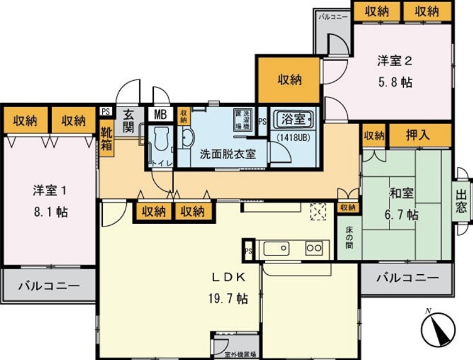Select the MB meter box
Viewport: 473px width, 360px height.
(160, 115)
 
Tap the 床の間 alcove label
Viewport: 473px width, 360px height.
(348, 236)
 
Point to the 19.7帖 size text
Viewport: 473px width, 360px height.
(227, 299)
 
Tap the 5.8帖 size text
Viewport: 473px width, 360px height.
(394, 82)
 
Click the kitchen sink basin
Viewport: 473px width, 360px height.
(275, 248)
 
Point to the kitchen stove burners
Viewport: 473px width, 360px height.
(314, 248)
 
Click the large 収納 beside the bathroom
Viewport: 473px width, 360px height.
(289, 80)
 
